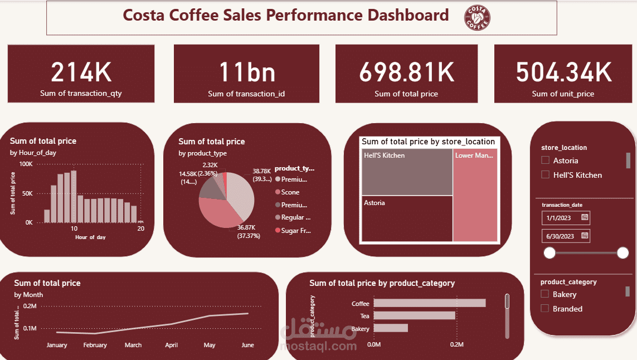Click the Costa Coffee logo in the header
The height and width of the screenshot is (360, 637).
pyautogui.click(x=477, y=18)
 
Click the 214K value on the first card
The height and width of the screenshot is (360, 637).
pyautogui.click(x=81, y=72)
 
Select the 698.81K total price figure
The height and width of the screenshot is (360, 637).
pyautogui.click(x=406, y=72)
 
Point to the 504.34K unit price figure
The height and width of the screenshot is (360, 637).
pyautogui.click(x=563, y=72)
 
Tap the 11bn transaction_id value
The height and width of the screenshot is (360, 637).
pyautogui.click(x=246, y=72)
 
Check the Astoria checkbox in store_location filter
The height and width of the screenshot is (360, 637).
pyautogui.click(x=546, y=160)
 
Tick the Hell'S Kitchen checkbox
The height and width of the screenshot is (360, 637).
pyautogui.click(x=546, y=175)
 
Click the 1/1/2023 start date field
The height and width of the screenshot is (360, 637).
pyautogui.click(x=560, y=217)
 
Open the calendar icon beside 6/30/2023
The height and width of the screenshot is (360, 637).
pyautogui.click(x=585, y=236)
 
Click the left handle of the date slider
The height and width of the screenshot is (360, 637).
pyautogui.click(x=550, y=254)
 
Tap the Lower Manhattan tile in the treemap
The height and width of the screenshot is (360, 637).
pyautogui.click(x=475, y=195)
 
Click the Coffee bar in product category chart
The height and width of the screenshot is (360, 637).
pyautogui.click(x=429, y=303)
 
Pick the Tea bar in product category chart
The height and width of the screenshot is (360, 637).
pyautogui.click(x=414, y=315)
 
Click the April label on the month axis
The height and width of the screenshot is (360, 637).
pyautogui.click(x=172, y=345)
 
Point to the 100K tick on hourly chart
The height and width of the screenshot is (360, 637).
pyautogui.click(x=26, y=164)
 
